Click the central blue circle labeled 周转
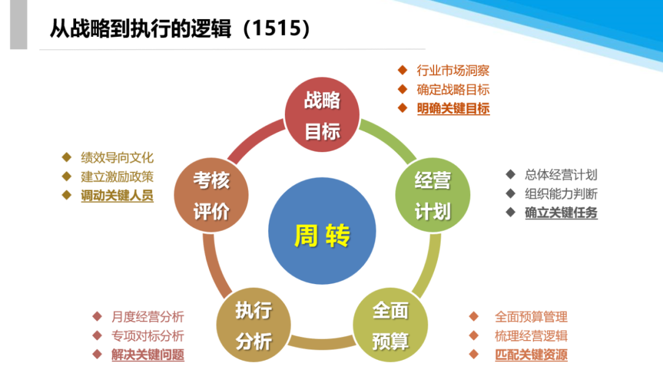point(322,235)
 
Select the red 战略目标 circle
point(322,116)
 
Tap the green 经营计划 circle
point(432,196)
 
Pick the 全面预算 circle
point(390,325)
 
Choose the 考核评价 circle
point(211,196)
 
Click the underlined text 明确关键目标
point(453,109)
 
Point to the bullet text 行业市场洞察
point(453,71)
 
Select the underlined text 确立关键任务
point(561,213)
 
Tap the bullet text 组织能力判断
point(561,194)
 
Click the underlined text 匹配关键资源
point(531,355)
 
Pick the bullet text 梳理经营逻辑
point(531,336)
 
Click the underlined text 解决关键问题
point(148,355)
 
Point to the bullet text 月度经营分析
point(148,317)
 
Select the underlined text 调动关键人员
point(117,196)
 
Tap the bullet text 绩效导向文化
point(117,158)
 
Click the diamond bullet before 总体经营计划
point(510,174)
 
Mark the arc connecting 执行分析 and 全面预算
point(322,343)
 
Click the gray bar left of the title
point(18,25)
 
